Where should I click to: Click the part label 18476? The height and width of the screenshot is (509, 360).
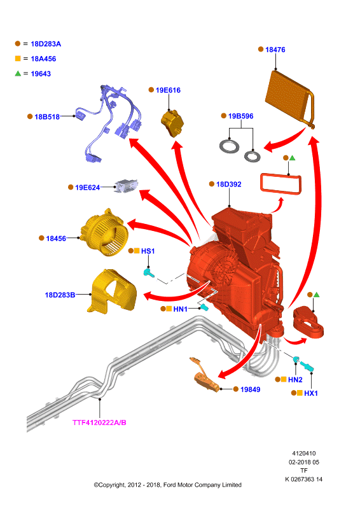tap(275, 50)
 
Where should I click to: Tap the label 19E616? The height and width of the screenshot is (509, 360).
tap(168, 90)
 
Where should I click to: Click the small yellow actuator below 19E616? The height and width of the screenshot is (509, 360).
tap(172, 123)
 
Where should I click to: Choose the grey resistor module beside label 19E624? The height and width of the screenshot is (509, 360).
tap(127, 186)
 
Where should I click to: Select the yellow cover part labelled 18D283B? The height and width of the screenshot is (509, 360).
tap(112, 291)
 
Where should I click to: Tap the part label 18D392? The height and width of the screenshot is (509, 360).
tap(228, 185)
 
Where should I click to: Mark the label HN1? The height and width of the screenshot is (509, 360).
tap(180, 309)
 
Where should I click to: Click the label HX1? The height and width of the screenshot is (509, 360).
tap(310, 393)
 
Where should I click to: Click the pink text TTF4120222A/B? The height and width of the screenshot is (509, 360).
tap(99, 422)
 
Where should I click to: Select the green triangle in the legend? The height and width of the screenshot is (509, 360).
tap(18, 73)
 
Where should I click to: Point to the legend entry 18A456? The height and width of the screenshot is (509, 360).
tap(43, 59)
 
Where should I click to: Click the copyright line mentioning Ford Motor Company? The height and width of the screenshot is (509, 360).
tap(167, 485)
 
